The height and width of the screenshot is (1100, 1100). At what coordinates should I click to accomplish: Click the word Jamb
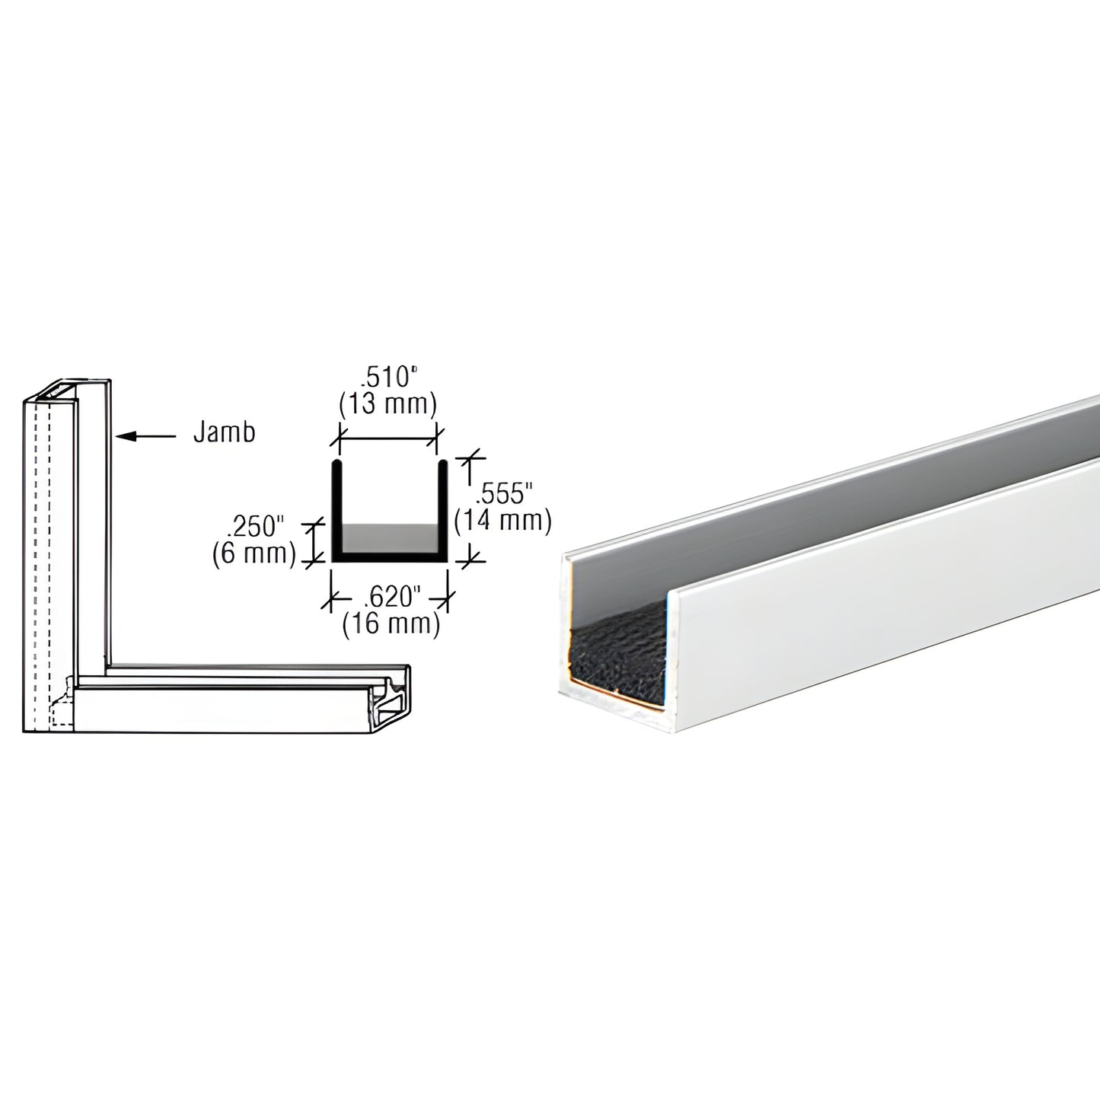224,432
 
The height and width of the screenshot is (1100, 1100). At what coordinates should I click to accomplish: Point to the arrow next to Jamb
148,436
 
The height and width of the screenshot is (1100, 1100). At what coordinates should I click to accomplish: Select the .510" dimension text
387,378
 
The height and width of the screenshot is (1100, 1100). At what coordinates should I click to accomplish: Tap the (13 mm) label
387,404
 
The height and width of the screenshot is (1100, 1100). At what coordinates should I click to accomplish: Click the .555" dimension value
501,495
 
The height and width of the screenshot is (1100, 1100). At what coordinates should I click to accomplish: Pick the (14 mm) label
502,521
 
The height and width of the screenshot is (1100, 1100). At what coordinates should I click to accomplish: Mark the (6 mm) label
253,553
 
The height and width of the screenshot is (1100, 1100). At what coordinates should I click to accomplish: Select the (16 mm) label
391,624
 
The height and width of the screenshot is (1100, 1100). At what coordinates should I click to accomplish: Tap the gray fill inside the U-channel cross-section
387,538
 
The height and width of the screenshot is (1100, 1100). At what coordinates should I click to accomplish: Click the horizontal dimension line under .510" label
387,438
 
